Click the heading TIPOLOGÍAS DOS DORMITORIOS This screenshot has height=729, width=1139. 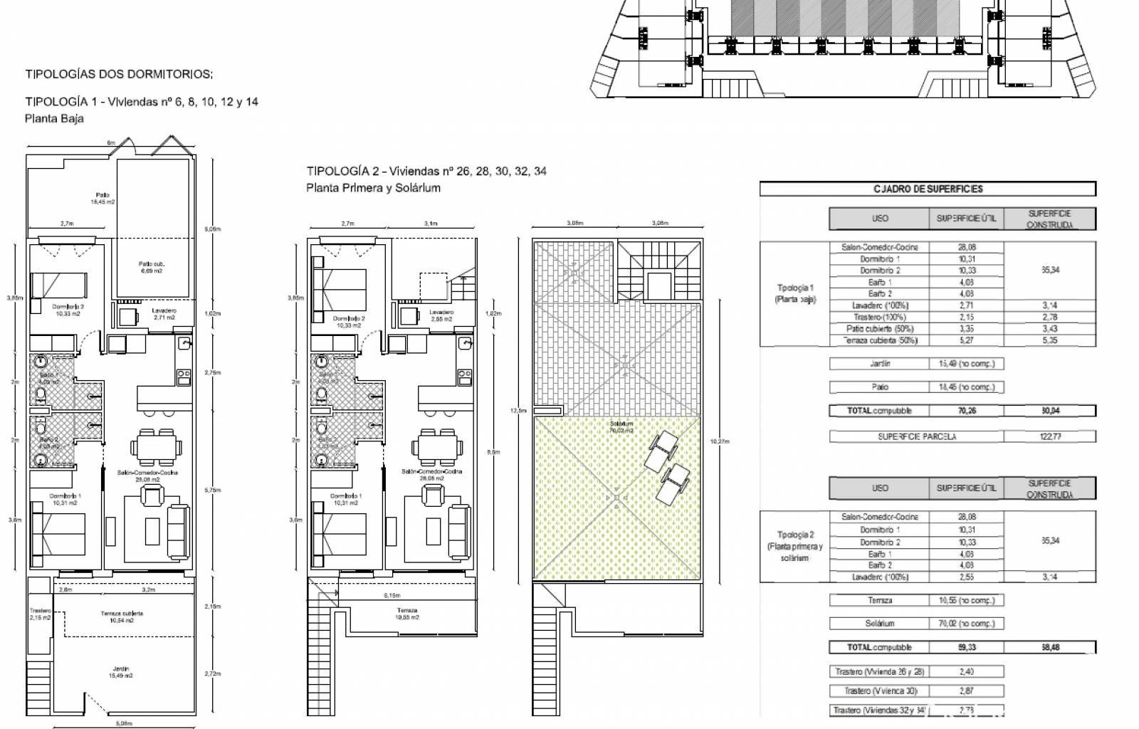tap(119, 74)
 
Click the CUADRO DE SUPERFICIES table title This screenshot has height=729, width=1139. tap(928, 189)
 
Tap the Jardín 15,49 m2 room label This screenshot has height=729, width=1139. tap(122, 671)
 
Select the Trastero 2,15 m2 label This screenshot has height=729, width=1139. tap(41, 614)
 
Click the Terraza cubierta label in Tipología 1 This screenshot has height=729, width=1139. tap(122, 617)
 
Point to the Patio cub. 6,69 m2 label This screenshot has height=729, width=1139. tap(151, 267)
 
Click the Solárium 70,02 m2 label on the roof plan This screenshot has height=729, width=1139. tap(621, 426)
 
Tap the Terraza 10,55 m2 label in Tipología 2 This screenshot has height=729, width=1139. tap(407, 614)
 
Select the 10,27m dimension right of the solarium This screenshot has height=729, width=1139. tap(720, 441)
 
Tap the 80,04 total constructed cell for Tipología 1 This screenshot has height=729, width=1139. tap(1050, 411)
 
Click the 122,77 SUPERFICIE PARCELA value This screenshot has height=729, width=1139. tap(1050, 436)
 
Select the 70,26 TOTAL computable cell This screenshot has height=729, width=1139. tap(966, 411)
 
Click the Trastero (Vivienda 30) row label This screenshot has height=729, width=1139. tap(879, 691)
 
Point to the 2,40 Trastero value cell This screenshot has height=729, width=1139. tap(966, 671)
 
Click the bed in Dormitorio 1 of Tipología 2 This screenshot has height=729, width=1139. tap(338, 534)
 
